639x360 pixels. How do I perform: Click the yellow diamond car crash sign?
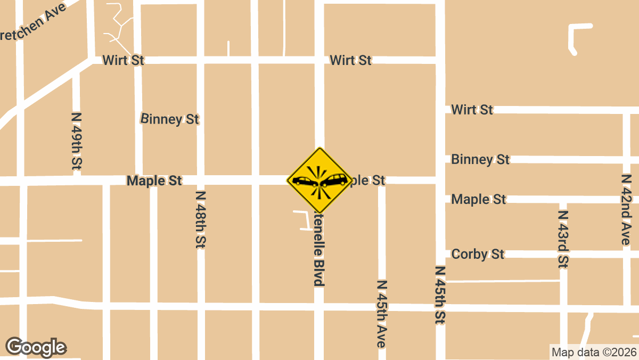pyautogui.click(x=319, y=181)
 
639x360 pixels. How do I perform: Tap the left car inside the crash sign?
pyautogui.click(x=304, y=182)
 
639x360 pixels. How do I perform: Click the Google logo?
pyautogui.click(x=36, y=347)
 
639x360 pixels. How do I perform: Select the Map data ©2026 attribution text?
pyautogui.click(x=594, y=352)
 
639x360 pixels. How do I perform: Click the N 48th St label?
pyautogui.click(x=201, y=219)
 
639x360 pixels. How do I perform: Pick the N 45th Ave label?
pyautogui.click(x=381, y=314)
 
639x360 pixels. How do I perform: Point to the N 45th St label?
pyautogui.click(x=440, y=295)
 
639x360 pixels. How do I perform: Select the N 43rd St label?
pyautogui.click(x=563, y=239)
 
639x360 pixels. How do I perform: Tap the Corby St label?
pyautogui.click(x=478, y=254)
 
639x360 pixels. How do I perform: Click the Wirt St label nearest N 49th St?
pyautogui.click(x=123, y=60)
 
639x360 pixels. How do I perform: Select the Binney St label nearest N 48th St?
pyautogui.click(x=170, y=119)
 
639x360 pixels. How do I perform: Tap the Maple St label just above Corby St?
pyautogui.click(x=478, y=199)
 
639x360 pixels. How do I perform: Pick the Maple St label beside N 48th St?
pyautogui.click(x=154, y=181)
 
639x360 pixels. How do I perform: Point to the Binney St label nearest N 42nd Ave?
pyautogui.click(x=480, y=159)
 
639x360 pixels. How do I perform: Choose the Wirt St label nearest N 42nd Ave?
pyautogui.click(x=472, y=110)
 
